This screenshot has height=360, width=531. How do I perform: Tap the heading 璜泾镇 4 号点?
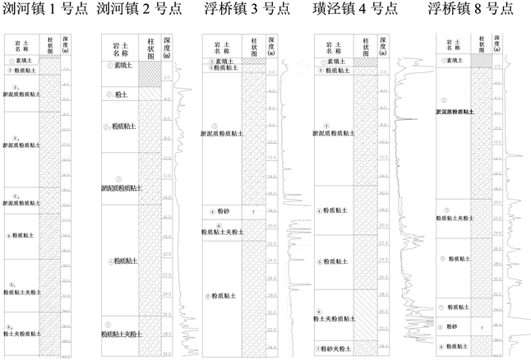[x=356, y=11]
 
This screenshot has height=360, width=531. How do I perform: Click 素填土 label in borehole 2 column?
[x=122, y=66]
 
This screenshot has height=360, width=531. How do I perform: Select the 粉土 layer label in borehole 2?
[x=120, y=95]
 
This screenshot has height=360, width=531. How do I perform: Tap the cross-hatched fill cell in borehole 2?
[x=149, y=73]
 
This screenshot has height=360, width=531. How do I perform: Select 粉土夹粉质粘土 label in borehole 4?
[x=333, y=316]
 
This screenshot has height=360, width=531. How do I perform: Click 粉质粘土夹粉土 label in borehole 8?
[x=454, y=218]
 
